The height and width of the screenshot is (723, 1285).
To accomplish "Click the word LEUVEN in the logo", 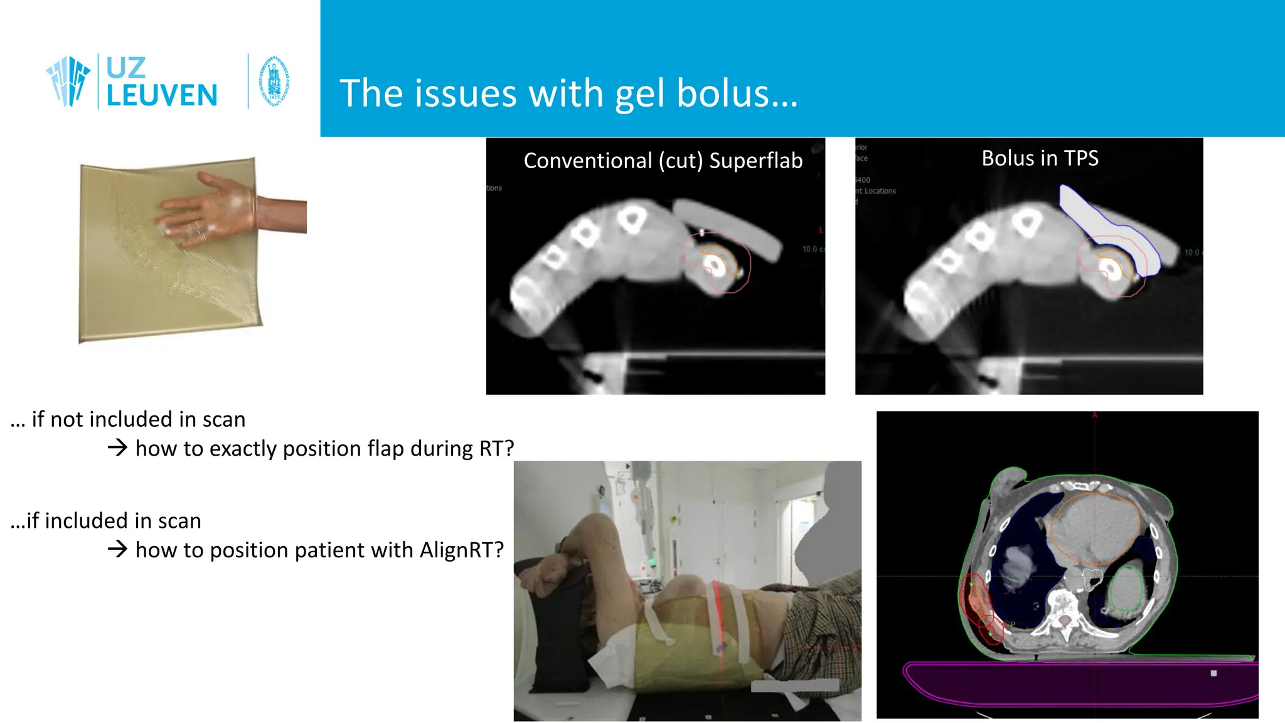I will [x=162, y=96].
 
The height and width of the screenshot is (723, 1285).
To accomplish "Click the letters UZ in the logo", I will [x=125, y=68].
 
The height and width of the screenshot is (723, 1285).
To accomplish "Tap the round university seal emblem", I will [x=274, y=82].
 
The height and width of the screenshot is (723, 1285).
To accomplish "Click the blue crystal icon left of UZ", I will [x=68, y=81].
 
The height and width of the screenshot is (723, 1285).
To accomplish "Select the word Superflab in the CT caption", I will [x=755, y=161].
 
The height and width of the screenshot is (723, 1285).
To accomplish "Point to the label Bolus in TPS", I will [x=1040, y=158].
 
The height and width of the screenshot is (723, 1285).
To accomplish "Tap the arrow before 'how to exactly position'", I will [x=117, y=448].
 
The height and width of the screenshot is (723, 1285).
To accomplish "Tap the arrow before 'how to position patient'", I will [x=117, y=550].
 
